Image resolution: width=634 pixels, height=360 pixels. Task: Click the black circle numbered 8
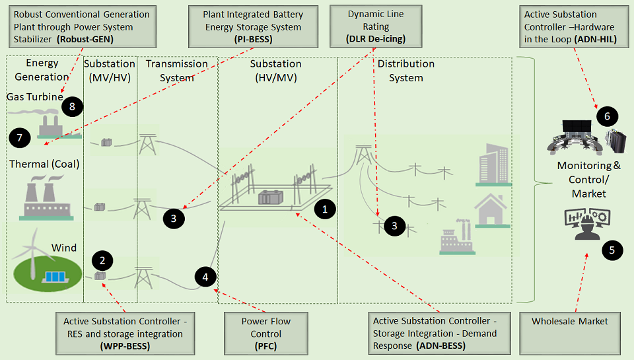[x=73, y=106]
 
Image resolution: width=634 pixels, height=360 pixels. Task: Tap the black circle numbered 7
[x=19, y=137]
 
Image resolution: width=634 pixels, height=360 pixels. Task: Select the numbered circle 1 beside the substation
[x=325, y=209]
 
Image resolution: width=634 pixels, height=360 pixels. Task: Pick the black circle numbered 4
[x=205, y=277]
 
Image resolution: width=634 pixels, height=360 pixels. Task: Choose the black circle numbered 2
[x=102, y=260]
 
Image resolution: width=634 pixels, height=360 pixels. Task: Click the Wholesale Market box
[x=570, y=334]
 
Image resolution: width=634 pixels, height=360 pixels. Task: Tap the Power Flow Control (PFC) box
[x=266, y=334]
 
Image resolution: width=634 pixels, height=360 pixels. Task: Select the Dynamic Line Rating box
[x=376, y=26]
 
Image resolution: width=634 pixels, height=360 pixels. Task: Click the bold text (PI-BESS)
[x=253, y=40]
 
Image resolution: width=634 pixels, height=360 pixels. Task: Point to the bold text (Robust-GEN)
[x=85, y=40]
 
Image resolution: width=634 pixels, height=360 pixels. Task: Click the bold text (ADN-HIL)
[x=596, y=40]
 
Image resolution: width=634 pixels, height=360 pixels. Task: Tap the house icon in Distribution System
[x=491, y=210]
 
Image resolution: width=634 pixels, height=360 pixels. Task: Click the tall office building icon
[x=494, y=164]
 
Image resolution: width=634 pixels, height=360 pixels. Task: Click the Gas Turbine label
[x=35, y=97]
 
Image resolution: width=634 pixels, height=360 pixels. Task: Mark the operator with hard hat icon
[x=587, y=224]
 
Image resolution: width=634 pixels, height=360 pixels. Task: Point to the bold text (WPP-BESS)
[x=125, y=347]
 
